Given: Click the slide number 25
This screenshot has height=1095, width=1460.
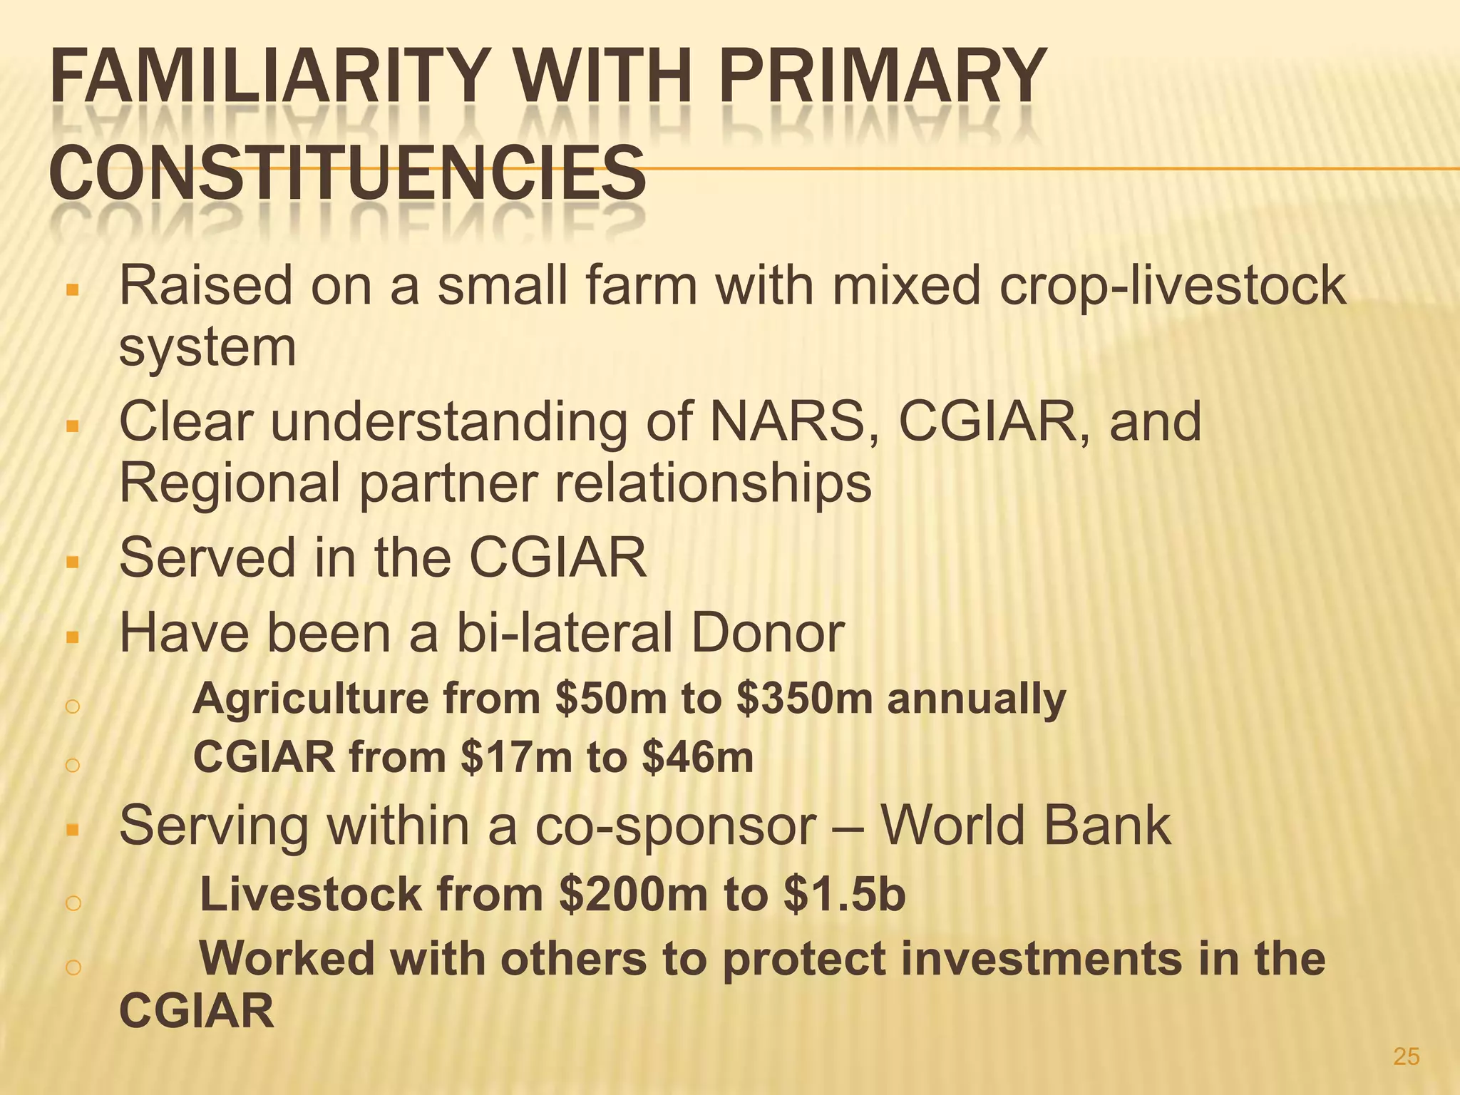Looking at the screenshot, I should (x=1406, y=1056).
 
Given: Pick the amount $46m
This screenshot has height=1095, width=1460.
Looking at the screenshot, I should (x=697, y=757).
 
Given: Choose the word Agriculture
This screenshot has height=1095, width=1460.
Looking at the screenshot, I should (x=311, y=699).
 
